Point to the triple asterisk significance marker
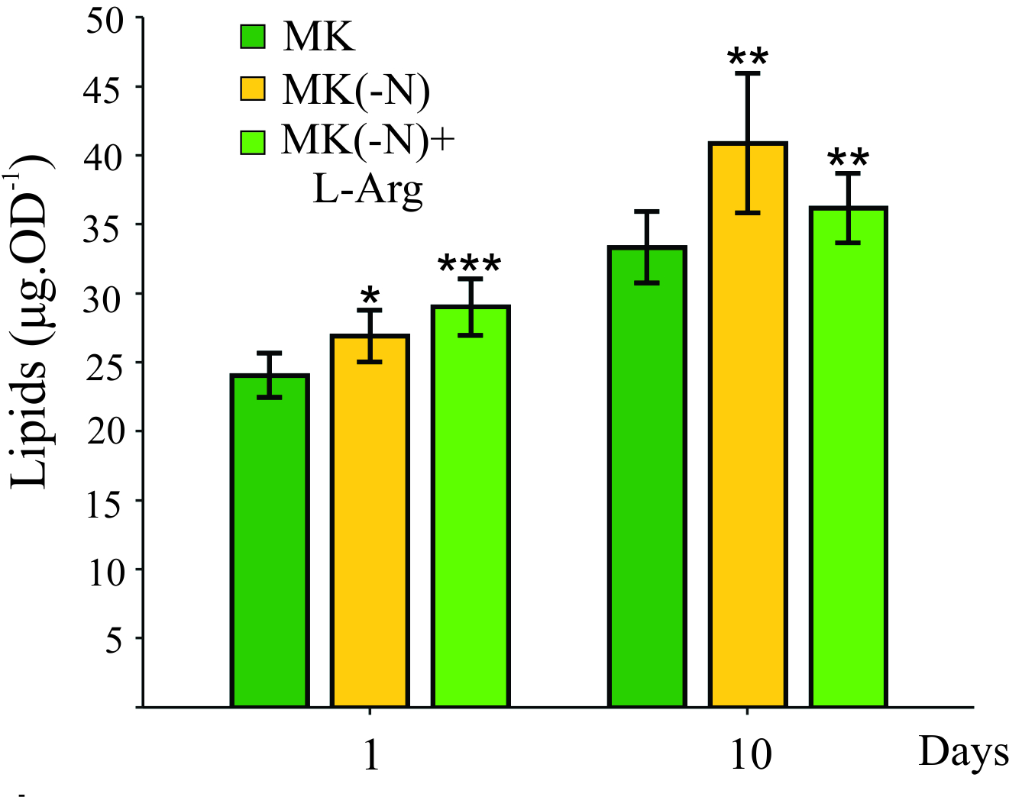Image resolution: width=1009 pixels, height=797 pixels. click(470, 266)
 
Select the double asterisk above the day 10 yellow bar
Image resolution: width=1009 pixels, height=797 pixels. click(748, 58)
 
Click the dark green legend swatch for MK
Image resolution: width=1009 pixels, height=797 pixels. click(253, 37)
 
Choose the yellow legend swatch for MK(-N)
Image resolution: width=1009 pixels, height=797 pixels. click(253, 89)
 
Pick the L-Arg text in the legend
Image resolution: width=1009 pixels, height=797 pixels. click(367, 189)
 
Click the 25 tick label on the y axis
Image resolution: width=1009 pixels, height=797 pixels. click(105, 363)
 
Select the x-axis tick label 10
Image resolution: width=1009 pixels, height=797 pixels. click(751, 756)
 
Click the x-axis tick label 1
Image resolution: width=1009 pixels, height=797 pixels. click(371, 756)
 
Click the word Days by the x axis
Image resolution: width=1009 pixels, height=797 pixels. click(962, 753)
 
